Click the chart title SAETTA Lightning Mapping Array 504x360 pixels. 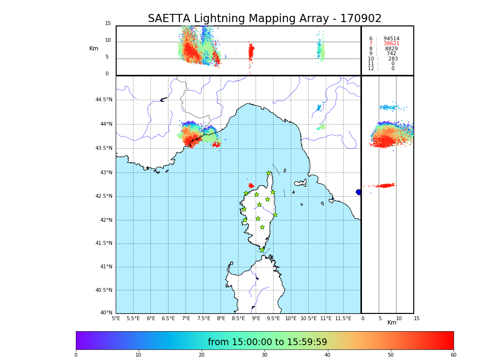264,19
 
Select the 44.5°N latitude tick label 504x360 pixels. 104,100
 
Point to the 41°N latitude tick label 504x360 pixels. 106,267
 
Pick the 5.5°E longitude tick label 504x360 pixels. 133,318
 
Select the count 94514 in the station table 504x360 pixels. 391,39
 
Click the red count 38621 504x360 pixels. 391,44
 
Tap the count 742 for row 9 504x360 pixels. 391,54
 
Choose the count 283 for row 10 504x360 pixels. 393,59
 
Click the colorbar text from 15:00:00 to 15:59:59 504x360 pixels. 267,342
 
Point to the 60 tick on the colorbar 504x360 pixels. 453,355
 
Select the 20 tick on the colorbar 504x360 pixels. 202,355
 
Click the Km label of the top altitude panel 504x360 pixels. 94,48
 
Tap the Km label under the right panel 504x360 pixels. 392,323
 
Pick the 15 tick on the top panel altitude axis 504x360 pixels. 108,24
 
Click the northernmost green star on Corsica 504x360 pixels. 269,173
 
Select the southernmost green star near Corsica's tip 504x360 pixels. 262,250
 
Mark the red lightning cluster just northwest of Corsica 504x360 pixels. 251,185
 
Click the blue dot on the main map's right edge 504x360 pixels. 358,192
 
